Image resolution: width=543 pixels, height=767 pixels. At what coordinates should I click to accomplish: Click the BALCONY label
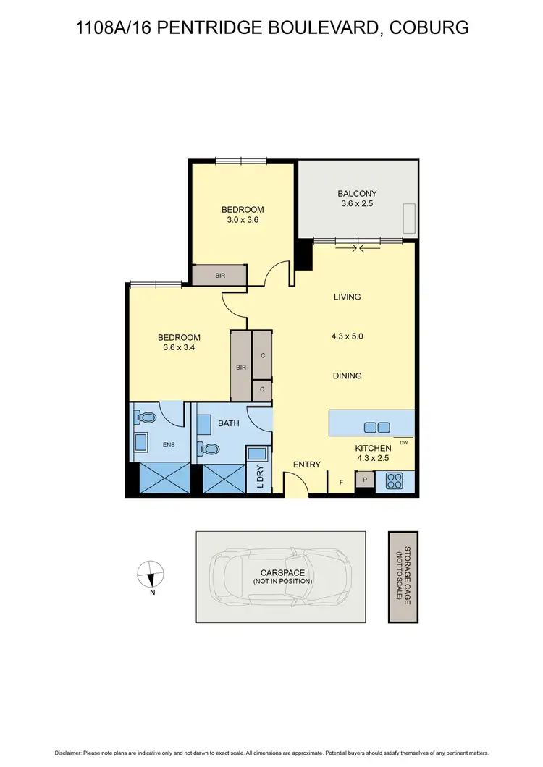357,193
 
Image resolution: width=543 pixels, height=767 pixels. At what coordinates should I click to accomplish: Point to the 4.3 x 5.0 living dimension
347,336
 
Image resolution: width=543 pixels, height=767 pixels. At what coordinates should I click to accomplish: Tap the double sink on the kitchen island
376,426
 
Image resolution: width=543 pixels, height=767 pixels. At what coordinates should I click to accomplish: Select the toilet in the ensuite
147,418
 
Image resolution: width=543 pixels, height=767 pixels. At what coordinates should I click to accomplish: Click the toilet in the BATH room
211,449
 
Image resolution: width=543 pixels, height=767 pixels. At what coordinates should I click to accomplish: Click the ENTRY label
306,465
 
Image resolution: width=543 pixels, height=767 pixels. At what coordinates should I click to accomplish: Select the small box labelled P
364,479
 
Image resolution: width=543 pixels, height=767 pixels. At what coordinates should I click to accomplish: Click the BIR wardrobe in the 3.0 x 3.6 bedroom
220,276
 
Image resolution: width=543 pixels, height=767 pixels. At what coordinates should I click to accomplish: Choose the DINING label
347,376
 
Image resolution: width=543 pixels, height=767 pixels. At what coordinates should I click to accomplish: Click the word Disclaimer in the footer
64,753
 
